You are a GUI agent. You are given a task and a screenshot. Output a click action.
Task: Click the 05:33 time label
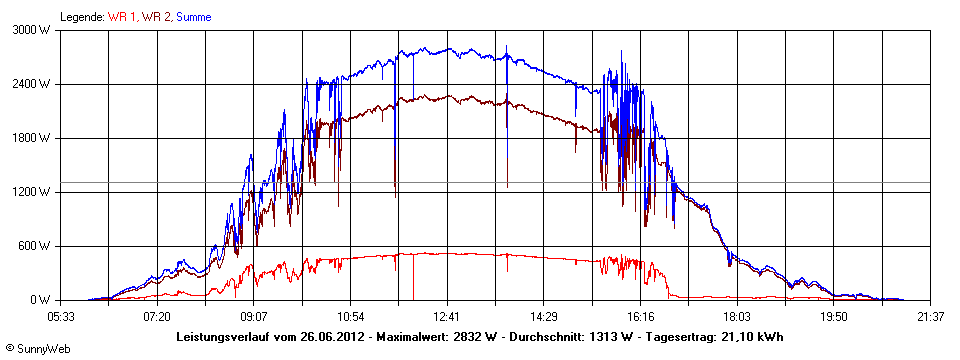coord(61,316)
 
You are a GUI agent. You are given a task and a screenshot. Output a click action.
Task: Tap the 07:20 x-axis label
coord(157,316)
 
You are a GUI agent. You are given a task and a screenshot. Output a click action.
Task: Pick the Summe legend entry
coord(194,17)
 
